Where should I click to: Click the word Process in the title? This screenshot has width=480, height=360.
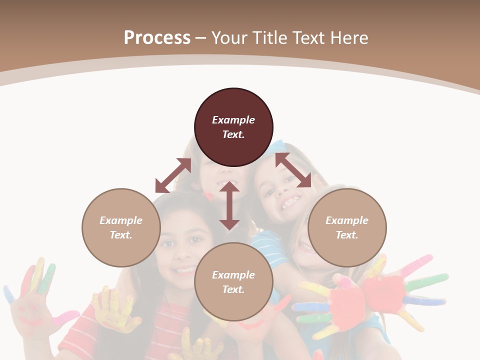(157, 38)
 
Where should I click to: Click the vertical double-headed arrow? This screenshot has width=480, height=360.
(229, 206)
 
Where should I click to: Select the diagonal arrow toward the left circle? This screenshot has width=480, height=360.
(173, 175)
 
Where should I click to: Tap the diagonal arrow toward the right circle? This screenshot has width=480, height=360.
(293, 170)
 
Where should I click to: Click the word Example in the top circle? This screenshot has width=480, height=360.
(233, 120)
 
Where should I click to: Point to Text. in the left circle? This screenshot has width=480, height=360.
(121, 235)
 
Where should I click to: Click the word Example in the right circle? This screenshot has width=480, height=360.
(347, 220)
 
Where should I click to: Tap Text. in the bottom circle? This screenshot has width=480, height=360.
(233, 289)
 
